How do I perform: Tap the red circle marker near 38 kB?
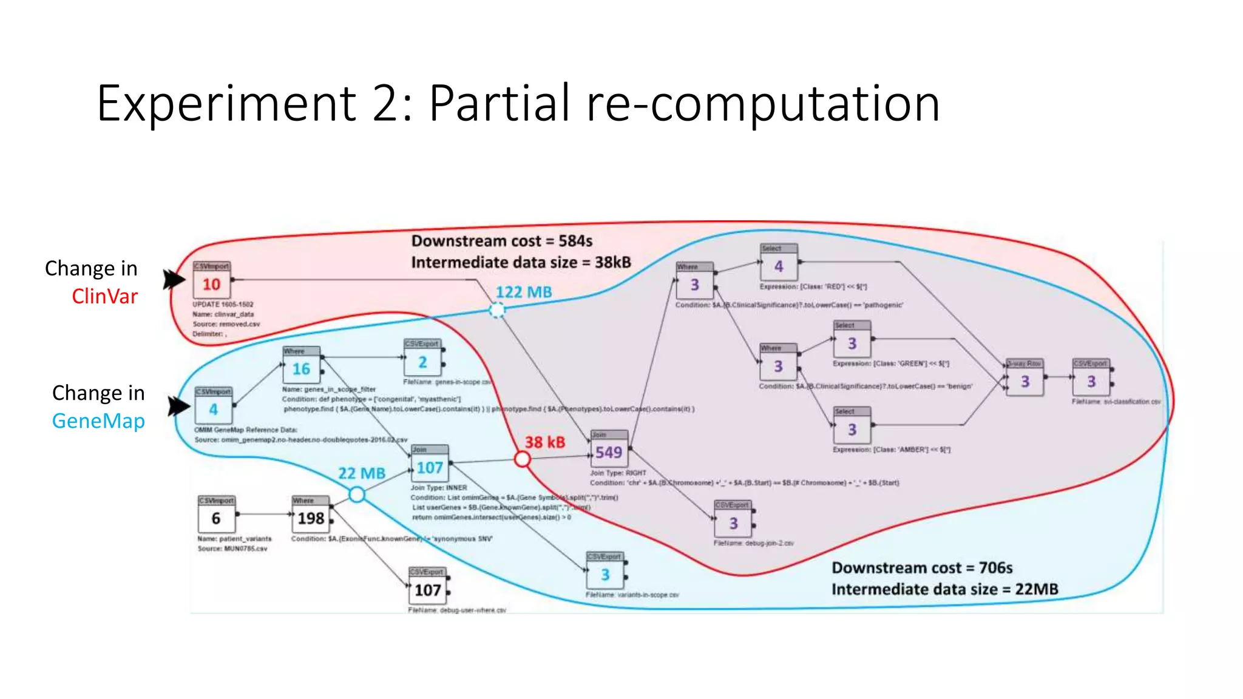pos(522,459)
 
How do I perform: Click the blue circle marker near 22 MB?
pos(357,495)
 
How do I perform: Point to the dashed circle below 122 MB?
pos(497,311)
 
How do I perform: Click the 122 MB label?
pos(524,292)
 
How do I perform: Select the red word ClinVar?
pos(104,296)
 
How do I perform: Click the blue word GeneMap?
pos(98,420)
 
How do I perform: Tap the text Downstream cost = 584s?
pos(501,241)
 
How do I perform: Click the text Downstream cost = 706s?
pos(921,567)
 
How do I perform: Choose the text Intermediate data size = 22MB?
pos(944,589)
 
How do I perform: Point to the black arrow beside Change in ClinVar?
pos(174,279)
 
